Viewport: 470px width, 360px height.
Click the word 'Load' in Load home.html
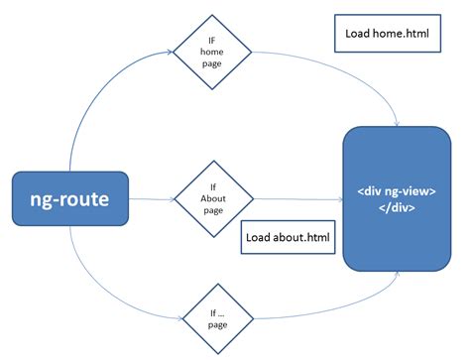click(358, 32)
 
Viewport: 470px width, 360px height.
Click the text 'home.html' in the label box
click(399, 32)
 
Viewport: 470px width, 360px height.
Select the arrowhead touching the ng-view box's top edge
click(398, 124)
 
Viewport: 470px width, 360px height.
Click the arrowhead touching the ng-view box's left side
click(338, 199)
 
